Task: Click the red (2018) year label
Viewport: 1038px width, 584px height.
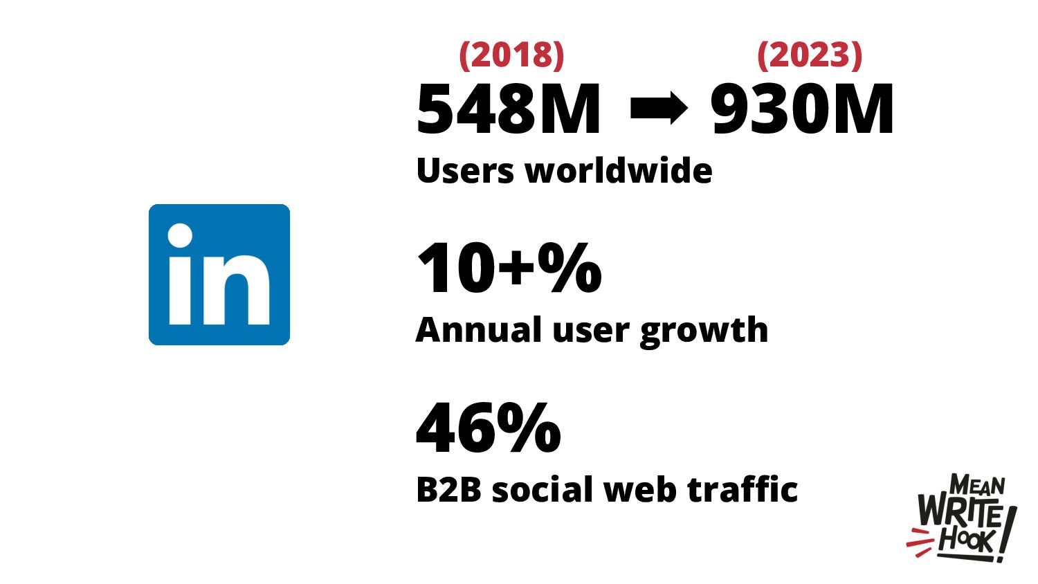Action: [x=511, y=55]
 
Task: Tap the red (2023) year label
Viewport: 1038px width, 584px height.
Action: [x=810, y=55]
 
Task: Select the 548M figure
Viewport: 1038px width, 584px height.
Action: [x=509, y=109]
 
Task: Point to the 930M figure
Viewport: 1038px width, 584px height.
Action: [x=803, y=109]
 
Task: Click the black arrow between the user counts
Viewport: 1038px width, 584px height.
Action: [x=658, y=109]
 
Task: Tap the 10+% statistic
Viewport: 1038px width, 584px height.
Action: [x=509, y=268]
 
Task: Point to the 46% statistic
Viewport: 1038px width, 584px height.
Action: [x=489, y=428]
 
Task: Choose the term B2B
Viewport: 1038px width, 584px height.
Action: [x=448, y=490]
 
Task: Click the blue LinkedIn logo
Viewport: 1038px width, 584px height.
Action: [x=219, y=274]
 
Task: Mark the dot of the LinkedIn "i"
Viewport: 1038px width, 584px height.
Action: [x=180, y=236]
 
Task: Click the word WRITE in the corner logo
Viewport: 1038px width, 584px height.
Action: [x=959, y=513]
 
